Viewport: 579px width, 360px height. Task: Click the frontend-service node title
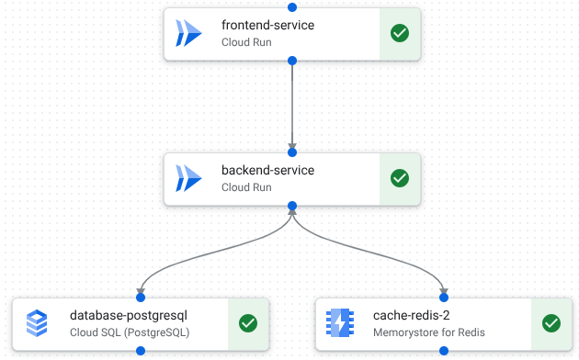(x=267, y=25)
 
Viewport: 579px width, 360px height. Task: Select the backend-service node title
(x=267, y=170)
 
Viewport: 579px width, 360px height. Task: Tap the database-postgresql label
(x=129, y=315)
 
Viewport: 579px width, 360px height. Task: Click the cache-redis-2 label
(x=411, y=315)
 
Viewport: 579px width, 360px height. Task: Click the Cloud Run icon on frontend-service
(x=188, y=33)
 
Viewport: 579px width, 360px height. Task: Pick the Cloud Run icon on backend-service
(x=188, y=178)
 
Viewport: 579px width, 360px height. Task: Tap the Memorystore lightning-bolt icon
(x=340, y=323)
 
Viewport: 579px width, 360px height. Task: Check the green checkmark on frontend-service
(x=400, y=33)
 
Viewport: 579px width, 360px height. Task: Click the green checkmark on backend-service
(x=400, y=178)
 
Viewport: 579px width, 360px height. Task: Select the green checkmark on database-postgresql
(x=248, y=323)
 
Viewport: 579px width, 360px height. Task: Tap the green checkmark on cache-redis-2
(x=551, y=323)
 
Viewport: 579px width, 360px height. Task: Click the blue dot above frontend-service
(x=292, y=6)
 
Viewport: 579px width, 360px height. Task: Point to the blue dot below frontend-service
(x=292, y=61)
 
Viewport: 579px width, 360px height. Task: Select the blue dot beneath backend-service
(x=292, y=206)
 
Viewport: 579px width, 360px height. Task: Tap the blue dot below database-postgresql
(x=141, y=351)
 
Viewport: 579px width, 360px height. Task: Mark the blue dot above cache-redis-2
(x=444, y=297)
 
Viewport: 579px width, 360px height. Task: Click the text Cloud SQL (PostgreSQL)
(x=130, y=332)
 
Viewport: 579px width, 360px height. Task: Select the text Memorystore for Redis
(x=428, y=332)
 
